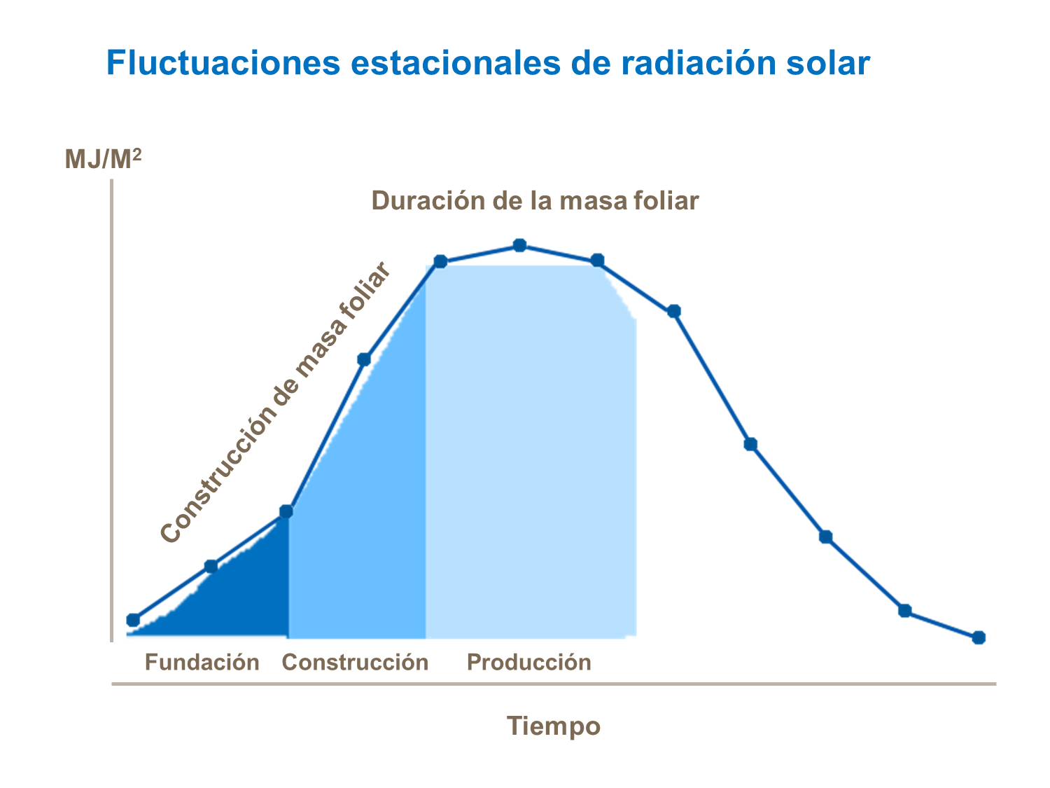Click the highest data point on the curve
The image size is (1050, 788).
[519, 245]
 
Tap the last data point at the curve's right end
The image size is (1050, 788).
[979, 637]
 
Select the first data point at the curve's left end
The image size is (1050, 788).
[133, 620]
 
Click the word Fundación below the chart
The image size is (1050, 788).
[202, 662]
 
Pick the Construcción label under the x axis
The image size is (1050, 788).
[355, 662]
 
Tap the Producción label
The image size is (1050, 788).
[528, 662]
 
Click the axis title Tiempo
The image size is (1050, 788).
[553, 726]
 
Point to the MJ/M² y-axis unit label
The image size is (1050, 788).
[103, 160]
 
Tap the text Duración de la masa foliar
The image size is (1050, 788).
[535, 201]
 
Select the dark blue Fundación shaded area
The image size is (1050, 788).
[238, 602]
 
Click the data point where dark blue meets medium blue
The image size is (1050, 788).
[286, 511]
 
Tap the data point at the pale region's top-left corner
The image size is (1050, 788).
[440, 261]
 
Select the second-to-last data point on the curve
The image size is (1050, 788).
[904, 611]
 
